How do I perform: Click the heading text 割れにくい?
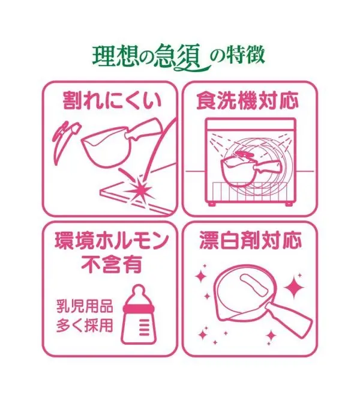coord(112,100)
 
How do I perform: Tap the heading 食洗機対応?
coord(248,100)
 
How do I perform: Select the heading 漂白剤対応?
coord(250,240)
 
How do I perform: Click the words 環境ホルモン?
coord(112,240)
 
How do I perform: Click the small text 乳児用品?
coord(85,306)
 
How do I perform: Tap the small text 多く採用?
coord(85,326)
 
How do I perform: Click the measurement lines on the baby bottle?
coord(144,328)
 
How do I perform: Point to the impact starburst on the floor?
coord(141,189)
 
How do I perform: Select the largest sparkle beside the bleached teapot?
coord(294,288)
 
